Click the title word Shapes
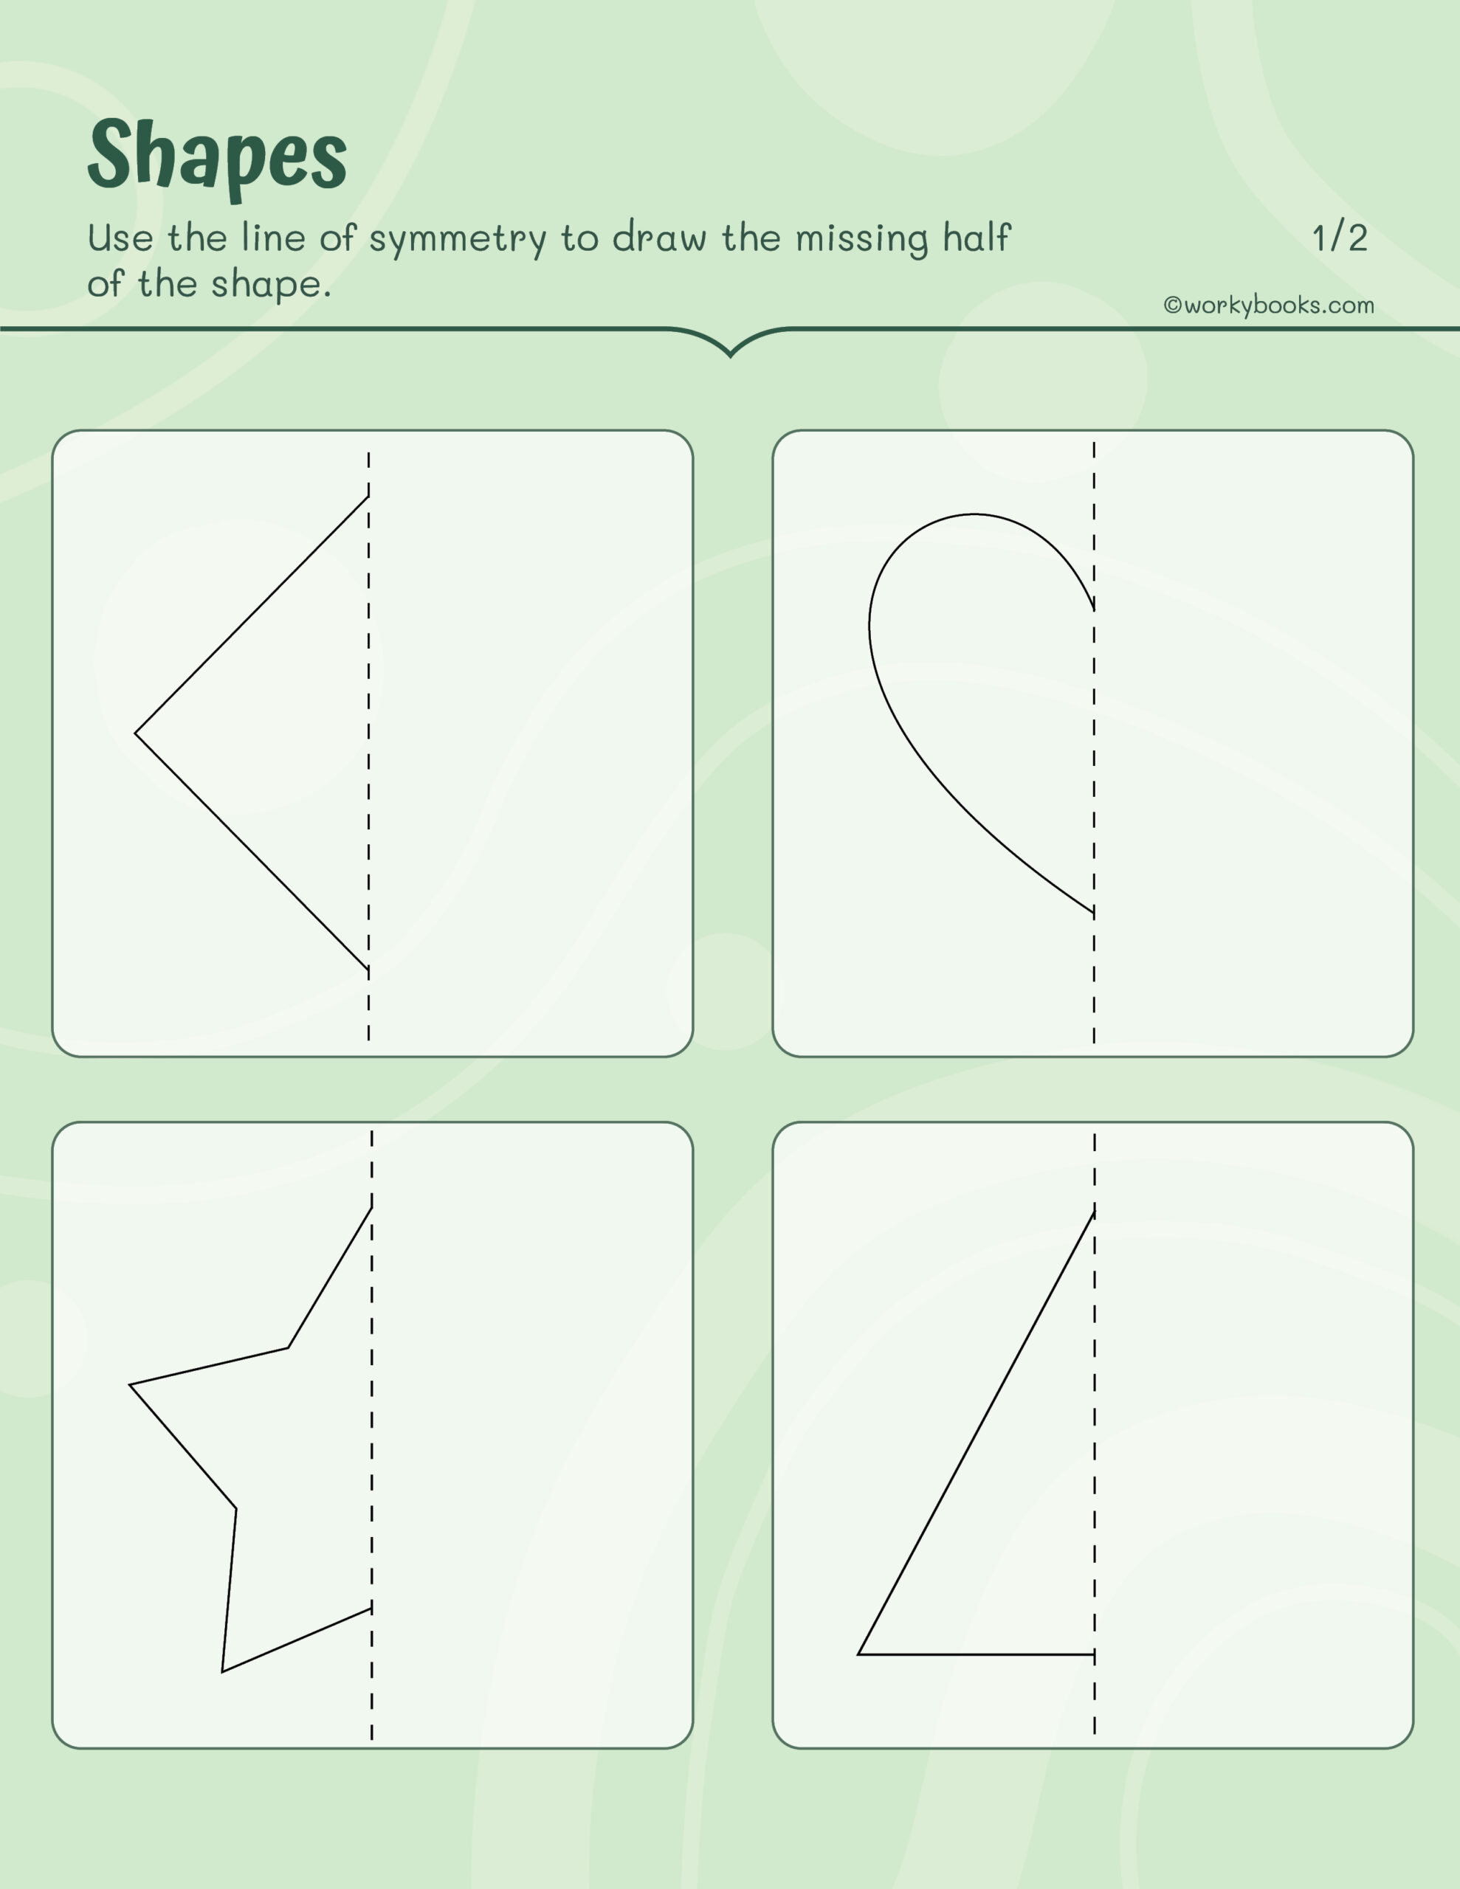coord(216,156)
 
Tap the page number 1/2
coord(1339,238)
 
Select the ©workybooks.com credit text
coord(1269,305)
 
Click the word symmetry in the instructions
coord(458,240)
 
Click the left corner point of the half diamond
coord(136,733)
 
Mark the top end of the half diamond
coord(368,497)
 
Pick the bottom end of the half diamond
coord(368,969)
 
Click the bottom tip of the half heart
coord(1093,913)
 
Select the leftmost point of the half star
coord(130,1385)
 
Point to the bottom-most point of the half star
coord(222,1672)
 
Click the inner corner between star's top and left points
coord(288,1347)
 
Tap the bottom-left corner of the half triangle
coord(858,1654)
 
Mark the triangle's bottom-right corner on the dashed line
coord(1094,1654)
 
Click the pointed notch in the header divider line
coord(731,355)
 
